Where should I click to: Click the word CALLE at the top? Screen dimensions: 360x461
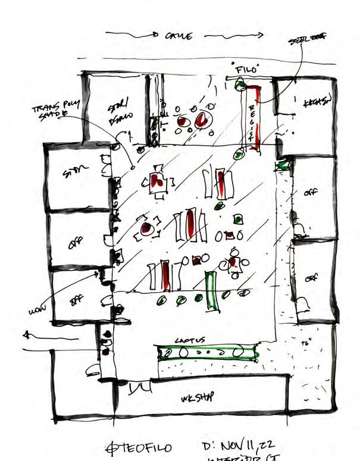tap(179, 36)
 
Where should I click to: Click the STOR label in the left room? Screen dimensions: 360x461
tap(76, 173)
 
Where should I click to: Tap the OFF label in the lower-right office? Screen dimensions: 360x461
tap(311, 278)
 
